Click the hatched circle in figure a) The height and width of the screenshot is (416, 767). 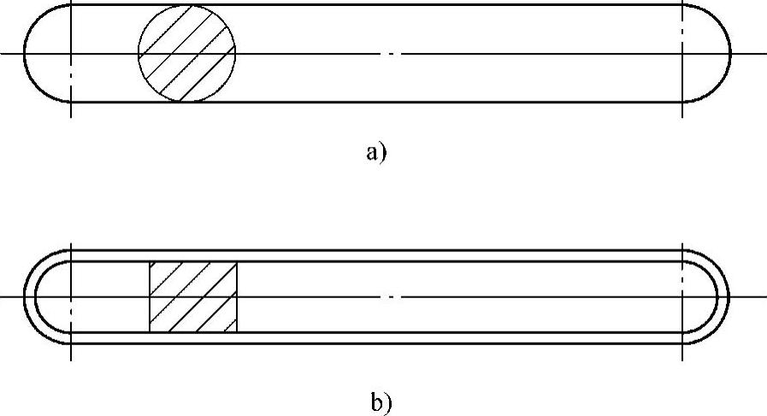point(187,54)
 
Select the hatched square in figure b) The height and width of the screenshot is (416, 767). point(193,297)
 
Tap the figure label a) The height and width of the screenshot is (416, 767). point(377,153)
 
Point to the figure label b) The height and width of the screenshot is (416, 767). point(382,401)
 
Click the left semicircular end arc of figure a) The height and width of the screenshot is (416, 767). point(27,54)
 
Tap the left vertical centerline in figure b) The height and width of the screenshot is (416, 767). point(70,350)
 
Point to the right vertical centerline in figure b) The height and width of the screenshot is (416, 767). point(682,350)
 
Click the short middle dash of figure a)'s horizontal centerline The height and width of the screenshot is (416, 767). point(391,54)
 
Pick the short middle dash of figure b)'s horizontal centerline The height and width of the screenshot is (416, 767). point(391,297)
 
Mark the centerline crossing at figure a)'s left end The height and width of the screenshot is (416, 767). point(70,54)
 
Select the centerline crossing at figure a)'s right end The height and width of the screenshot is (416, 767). point(682,54)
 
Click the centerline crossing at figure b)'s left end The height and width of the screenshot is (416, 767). point(70,297)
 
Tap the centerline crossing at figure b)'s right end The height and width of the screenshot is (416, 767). point(682,297)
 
